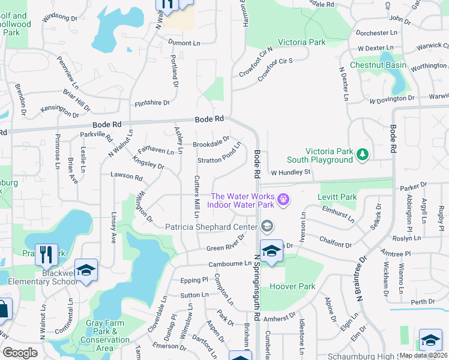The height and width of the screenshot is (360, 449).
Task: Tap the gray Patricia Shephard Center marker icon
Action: tap(268, 226)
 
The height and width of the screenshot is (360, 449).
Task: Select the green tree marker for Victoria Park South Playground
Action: tap(362, 155)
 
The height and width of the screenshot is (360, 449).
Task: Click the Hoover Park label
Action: tap(292, 286)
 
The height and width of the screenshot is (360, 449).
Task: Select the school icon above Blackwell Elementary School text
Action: tap(86, 270)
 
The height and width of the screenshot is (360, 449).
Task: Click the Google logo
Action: tap(20, 353)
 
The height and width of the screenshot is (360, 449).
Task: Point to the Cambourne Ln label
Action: tap(229, 263)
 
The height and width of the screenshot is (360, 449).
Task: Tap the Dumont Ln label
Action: tap(184, 43)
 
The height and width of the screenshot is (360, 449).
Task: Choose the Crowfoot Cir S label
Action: tap(275, 69)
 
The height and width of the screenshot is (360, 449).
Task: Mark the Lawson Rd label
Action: tap(126, 178)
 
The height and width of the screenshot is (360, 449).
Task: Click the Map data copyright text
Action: tap(424, 355)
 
